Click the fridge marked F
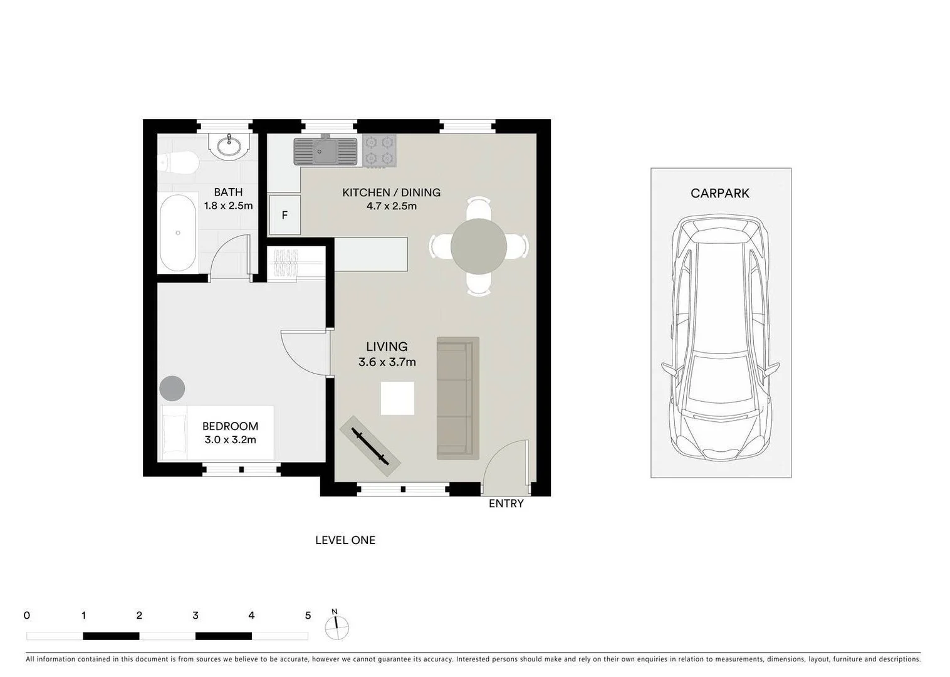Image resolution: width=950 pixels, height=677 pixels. (284, 215)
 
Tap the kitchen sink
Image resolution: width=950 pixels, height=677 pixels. (325, 151)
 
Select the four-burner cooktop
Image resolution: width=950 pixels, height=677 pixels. (379, 151)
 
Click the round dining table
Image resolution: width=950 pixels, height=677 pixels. (479, 246)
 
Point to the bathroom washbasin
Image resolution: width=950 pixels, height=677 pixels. (229, 146)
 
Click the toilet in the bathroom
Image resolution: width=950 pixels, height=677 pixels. (179, 163)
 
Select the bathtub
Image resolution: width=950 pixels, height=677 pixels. (178, 233)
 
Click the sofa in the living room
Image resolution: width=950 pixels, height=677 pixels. (457, 397)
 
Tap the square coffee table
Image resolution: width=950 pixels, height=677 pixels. (397, 398)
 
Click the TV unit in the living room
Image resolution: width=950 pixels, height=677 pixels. (370, 446)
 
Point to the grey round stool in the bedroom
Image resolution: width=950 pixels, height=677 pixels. (172, 389)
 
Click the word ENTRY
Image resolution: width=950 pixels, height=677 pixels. (506, 503)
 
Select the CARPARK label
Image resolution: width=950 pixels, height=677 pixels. (719, 194)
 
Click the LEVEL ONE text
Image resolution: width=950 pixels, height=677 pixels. (345, 540)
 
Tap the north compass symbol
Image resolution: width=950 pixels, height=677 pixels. (337, 626)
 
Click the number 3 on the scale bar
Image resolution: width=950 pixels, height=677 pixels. (196, 616)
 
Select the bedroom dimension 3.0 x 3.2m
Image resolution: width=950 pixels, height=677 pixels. (230, 440)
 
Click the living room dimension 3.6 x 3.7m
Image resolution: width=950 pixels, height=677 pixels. (387, 362)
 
